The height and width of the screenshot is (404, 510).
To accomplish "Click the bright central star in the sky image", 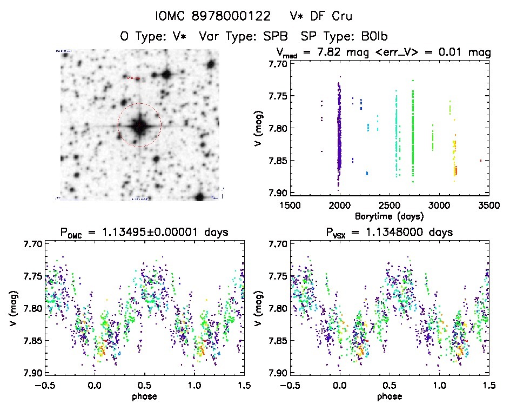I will click(139, 125).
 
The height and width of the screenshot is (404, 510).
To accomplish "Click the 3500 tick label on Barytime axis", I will click(478, 206).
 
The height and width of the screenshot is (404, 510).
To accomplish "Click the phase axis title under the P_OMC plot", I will click(144, 396).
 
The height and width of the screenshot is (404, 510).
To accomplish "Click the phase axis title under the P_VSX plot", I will click(390, 396).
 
